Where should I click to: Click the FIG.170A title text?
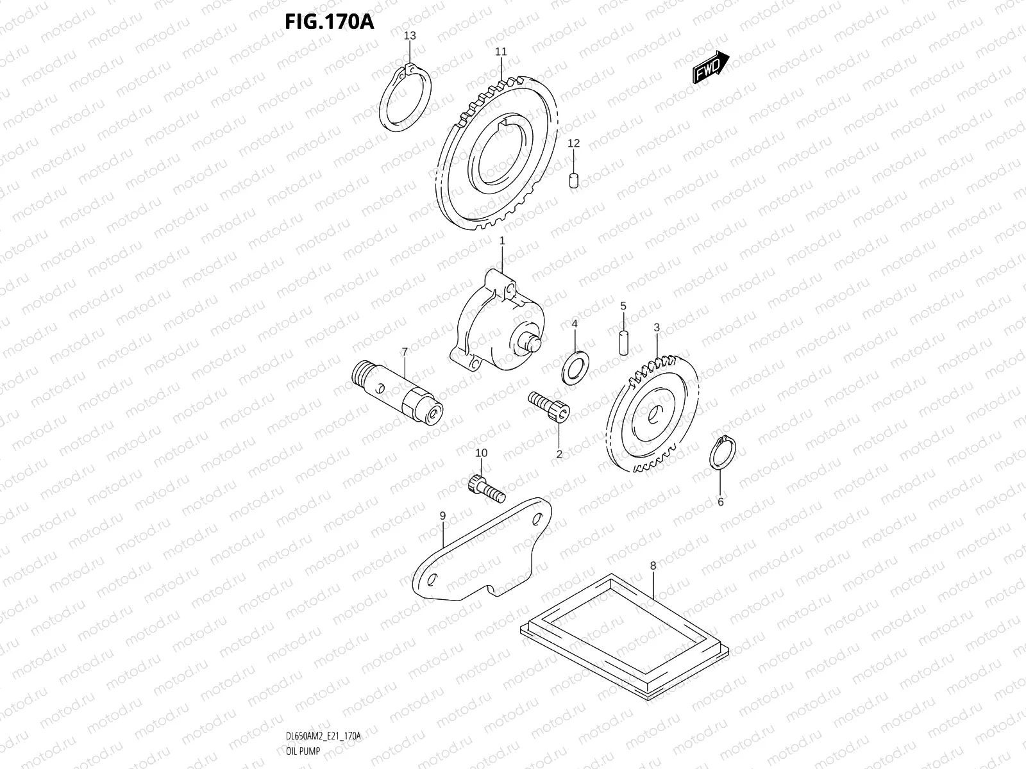pos(329,21)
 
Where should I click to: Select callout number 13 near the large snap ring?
pos(410,36)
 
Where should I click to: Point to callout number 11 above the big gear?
pos(501,51)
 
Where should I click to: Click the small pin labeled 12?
pos(574,180)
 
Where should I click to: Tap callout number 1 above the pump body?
pos(502,241)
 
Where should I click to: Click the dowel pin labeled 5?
pos(623,342)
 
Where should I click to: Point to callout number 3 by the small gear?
pos(656,327)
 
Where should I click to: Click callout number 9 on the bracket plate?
pos(442,515)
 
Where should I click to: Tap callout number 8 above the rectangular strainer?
pos(653,566)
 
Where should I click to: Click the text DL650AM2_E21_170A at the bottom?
pos(323,736)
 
